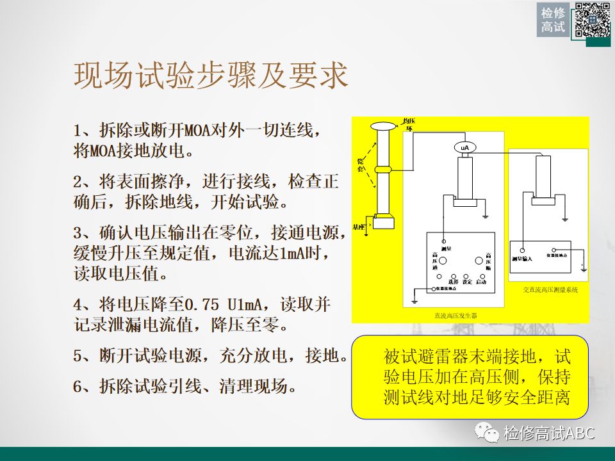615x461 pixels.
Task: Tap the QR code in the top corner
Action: [x=591, y=20]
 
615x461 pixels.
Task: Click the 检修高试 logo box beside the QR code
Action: [x=553, y=20]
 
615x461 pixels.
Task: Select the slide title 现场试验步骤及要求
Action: [x=211, y=76]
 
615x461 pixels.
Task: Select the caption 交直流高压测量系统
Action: [x=550, y=290]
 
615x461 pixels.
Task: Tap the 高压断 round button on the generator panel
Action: [x=479, y=261]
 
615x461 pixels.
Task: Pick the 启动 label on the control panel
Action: [x=482, y=281]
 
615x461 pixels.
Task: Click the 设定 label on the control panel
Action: [x=467, y=281]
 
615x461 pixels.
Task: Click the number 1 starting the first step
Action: [x=79, y=131]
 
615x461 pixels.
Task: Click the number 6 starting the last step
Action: [x=79, y=385]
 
